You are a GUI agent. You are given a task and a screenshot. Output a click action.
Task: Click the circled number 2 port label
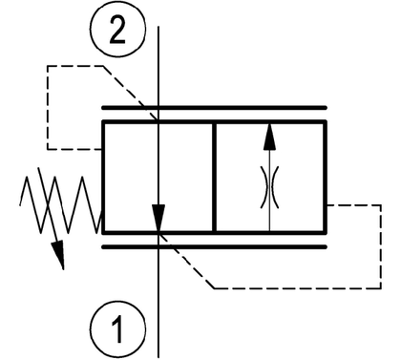[x=117, y=30]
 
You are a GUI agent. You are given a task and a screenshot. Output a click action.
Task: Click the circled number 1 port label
[x=117, y=329]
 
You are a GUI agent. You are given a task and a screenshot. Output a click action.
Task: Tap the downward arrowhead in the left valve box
[x=158, y=219]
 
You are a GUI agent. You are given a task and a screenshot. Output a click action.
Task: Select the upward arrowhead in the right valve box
[x=269, y=137]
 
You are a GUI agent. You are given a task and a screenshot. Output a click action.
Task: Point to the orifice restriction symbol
[x=269, y=187]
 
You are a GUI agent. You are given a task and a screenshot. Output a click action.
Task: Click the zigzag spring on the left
[x=60, y=204]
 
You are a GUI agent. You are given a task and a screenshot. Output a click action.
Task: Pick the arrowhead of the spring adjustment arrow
[x=58, y=255]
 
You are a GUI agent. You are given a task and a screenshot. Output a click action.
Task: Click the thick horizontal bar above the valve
[x=214, y=108]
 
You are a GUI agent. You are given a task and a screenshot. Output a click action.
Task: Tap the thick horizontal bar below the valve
[x=214, y=247]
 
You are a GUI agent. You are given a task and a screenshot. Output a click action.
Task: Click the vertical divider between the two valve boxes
[x=214, y=177]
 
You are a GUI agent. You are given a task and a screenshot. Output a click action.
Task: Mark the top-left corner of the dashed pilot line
[x=48, y=66]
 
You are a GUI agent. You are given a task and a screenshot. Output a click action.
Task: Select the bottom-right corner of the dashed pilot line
[x=381, y=288]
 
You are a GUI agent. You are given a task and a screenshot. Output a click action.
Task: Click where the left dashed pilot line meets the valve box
[x=102, y=149]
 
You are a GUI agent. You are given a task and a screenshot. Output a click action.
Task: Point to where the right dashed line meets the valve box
[x=327, y=205]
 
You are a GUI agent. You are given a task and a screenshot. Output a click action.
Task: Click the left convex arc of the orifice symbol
[x=264, y=187]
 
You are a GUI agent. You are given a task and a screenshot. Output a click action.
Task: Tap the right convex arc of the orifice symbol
[x=275, y=187]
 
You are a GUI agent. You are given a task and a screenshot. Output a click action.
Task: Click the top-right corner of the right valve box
[x=326, y=121]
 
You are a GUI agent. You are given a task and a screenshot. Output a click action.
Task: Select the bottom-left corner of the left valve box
[x=103, y=233]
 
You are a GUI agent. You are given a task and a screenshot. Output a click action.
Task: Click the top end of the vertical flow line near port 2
[x=158, y=27]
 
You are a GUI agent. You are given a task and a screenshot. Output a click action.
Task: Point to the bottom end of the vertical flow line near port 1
[x=158, y=357]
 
